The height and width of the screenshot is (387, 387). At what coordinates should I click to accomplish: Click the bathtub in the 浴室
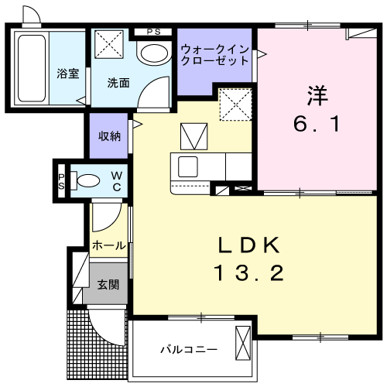[x=32, y=68]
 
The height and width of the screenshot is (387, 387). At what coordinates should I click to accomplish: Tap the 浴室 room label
[x=68, y=74]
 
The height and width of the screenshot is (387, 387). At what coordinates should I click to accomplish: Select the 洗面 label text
[x=118, y=83]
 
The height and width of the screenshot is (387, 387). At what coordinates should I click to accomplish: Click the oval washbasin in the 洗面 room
[x=154, y=53]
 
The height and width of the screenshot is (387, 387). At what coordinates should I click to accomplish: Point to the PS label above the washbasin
[x=154, y=32]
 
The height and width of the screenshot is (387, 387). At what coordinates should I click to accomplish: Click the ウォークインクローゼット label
[x=215, y=55]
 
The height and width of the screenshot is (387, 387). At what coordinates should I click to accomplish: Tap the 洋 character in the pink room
[x=317, y=95]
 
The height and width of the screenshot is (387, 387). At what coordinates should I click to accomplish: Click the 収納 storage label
[x=109, y=136]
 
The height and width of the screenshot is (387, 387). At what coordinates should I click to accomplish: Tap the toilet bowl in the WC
[x=88, y=180]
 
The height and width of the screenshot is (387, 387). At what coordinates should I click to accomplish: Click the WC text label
[x=117, y=182]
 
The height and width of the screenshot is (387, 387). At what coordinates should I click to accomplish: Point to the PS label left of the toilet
[x=61, y=182]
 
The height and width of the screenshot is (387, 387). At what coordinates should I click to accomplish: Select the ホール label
[x=109, y=245]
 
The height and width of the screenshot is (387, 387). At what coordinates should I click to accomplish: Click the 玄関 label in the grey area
[x=108, y=285]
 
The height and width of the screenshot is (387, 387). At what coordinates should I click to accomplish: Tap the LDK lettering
[x=249, y=245]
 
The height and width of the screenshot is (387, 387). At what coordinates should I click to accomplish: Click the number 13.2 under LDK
[x=248, y=273]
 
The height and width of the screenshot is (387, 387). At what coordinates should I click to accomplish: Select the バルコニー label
[x=189, y=350]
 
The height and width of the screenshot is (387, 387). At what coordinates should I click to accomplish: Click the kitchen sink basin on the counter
[x=188, y=166]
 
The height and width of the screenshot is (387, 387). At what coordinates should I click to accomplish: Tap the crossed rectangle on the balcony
[x=243, y=343]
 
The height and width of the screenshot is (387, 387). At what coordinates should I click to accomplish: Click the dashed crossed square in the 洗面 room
[x=109, y=44]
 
